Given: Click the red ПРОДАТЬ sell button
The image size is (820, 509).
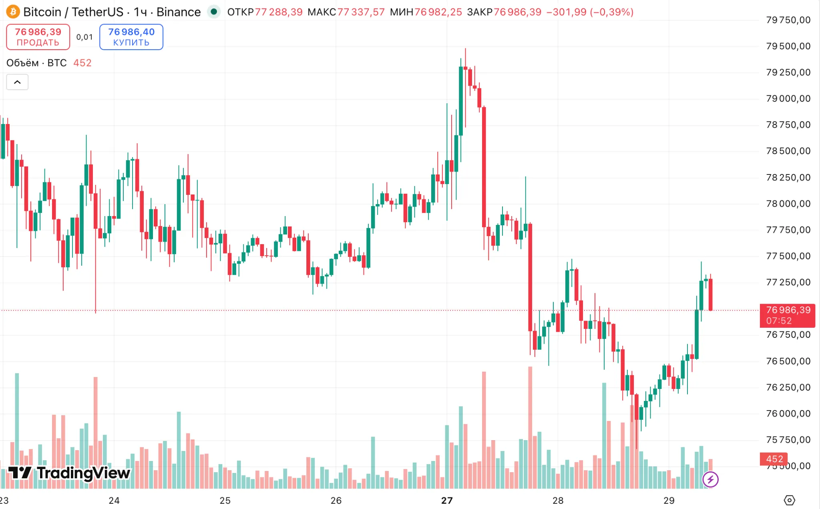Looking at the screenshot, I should [x=38, y=37].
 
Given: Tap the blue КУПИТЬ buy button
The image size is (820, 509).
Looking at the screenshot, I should [x=131, y=37].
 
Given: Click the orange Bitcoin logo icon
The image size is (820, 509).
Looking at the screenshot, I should [x=13, y=12].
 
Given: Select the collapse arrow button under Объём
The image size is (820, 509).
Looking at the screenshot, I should [x=17, y=82].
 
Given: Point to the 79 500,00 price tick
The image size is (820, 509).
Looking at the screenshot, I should [x=788, y=46].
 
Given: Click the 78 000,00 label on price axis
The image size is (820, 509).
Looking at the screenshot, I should [x=788, y=204].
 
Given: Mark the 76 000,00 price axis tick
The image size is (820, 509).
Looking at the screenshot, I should [x=788, y=414].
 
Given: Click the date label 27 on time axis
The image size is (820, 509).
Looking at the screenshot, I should [x=447, y=500].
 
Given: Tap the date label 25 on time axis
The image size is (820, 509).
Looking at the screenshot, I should [x=225, y=500].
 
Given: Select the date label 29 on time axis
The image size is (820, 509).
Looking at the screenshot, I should [x=669, y=500].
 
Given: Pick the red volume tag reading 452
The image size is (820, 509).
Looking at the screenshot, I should [x=774, y=459].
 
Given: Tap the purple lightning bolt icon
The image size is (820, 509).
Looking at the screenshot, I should [x=710, y=479].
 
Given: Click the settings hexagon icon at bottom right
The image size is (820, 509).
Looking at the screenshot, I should [x=789, y=500].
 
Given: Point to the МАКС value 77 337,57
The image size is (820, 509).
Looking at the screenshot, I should [x=361, y=12].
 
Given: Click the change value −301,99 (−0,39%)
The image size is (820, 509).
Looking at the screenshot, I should [x=590, y=12].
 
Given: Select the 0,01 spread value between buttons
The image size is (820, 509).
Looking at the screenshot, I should [x=84, y=37].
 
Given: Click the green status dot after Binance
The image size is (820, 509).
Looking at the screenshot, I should [x=214, y=12].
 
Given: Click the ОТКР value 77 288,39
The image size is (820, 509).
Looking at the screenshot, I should [x=279, y=12].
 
